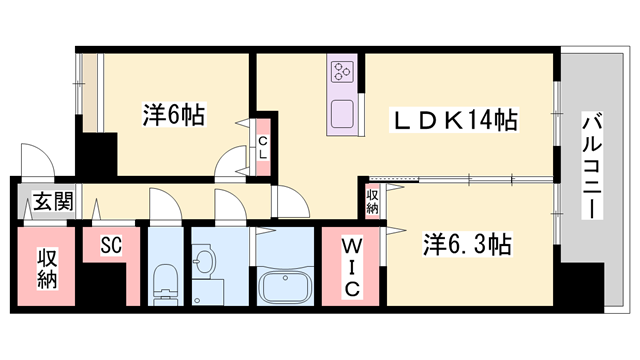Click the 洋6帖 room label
point(172,116)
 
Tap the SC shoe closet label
point(111,244)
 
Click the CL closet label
point(262,148)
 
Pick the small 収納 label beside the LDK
point(372,201)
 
